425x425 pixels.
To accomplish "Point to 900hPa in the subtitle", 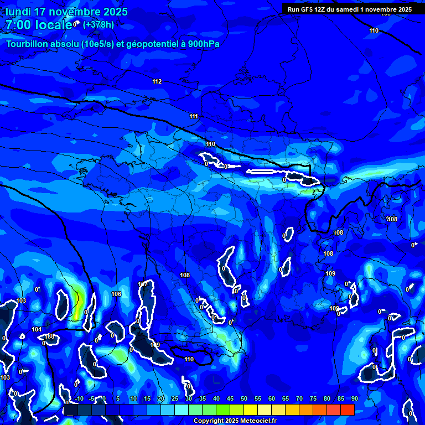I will (204, 44).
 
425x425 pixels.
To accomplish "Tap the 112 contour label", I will (157, 82).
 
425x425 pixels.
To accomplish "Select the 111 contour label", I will (194, 117).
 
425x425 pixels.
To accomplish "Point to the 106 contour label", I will (116, 294).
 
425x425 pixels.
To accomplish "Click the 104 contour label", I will (37, 329).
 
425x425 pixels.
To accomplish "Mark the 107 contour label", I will (143, 284).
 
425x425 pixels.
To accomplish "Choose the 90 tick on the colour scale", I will (354, 399).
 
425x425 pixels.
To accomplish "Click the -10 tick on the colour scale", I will (79, 399).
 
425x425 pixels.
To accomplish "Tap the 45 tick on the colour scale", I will (230, 399).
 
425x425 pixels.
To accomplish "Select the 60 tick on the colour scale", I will (271, 399).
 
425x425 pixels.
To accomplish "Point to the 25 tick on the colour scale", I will (174, 399).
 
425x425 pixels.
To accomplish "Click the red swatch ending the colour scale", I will (347, 410).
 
